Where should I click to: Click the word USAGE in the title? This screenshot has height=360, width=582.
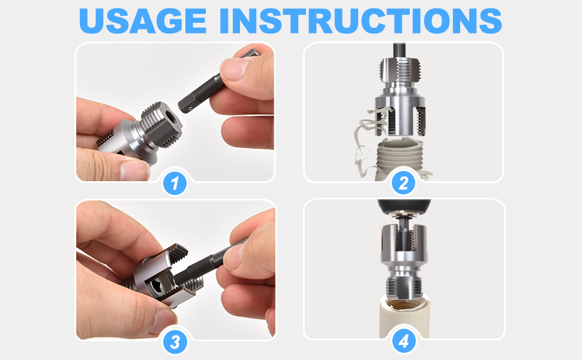point(143,20)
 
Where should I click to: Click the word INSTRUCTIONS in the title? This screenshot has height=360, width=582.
point(361,20)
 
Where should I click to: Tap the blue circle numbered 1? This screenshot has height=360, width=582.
point(175,183)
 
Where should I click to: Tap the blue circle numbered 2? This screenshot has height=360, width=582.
point(403,183)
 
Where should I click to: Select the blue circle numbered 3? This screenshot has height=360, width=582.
point(175,342)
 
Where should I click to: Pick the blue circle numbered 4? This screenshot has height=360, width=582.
point(404,341)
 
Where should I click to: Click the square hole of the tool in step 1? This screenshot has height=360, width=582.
point(172,118)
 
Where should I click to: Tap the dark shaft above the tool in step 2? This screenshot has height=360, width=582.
point(400,50)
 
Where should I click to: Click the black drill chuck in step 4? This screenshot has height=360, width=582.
point(404,206)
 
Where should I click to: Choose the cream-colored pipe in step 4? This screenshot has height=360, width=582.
point(404,319)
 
